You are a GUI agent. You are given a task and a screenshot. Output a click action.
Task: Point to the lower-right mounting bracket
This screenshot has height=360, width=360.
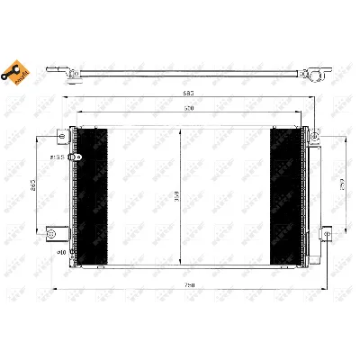(317, 236)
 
